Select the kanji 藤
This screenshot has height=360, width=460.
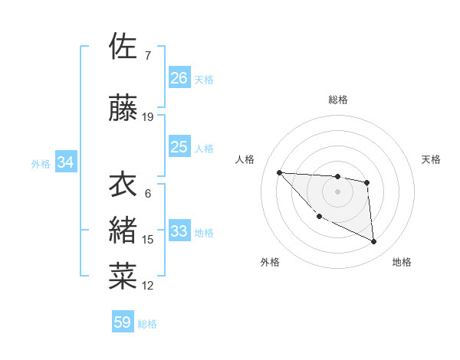123,110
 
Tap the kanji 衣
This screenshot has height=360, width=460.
123,185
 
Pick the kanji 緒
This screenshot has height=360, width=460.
123,229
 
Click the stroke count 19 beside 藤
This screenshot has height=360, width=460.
148,117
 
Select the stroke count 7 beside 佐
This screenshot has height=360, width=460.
147,55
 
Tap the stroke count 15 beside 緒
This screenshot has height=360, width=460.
148,240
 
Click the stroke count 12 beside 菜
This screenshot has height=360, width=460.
148,286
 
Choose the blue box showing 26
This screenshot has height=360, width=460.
179,77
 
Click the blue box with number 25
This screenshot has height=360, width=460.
179,147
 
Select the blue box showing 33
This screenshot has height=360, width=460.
179,231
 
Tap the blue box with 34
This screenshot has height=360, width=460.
66,162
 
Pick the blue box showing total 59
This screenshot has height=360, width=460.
123,322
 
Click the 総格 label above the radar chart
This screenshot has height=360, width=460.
337,100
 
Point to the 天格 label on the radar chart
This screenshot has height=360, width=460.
432,159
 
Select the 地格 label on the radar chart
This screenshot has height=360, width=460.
402,262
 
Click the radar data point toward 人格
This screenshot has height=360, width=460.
279,172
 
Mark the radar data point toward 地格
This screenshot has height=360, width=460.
373,242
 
